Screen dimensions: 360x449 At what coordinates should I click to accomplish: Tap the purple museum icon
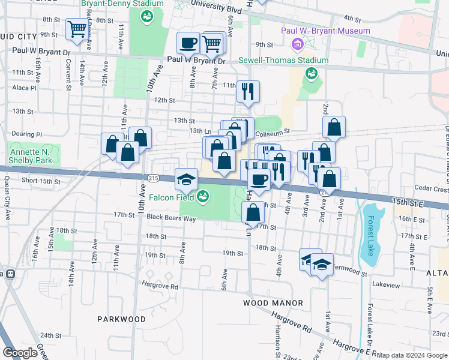click(x=295, y=44)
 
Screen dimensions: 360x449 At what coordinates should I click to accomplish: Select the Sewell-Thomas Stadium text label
click(x=283, y=60)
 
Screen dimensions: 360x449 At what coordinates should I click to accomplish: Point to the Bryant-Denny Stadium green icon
click(x=146, y=17)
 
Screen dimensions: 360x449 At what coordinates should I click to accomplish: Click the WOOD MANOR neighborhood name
click(x=273, y=303)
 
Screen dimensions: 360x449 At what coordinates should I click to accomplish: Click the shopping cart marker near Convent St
click(x=77, y=28)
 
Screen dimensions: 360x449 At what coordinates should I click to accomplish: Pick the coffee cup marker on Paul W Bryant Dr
click(x=188, y=43)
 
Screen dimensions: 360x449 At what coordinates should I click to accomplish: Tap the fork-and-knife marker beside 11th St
click(x=248, y=91)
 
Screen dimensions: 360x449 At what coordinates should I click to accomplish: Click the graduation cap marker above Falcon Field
click(x=186, y=179)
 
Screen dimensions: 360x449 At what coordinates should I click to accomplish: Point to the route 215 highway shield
click(x=152, y=178)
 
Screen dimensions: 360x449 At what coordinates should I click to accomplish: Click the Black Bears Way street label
click(x=171, y=218)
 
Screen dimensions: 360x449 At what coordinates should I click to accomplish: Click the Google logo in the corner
click(x=20, y=352)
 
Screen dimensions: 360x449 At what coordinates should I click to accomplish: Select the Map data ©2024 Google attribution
click(x=411, y=355)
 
